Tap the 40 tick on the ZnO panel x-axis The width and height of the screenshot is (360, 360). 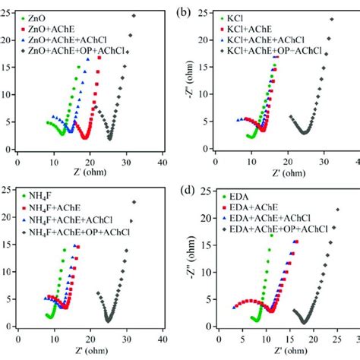[x=162, y=161]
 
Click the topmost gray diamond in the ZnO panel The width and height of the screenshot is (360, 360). [x=134, y=15]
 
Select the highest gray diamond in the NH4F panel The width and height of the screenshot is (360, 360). [x=134, y=202]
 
